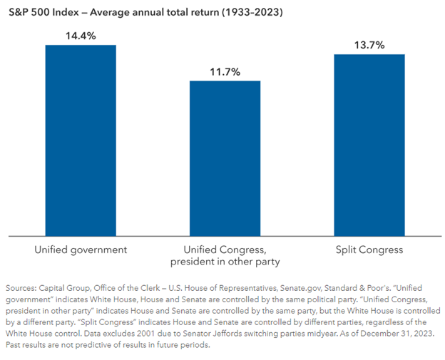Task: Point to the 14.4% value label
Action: [81, 35]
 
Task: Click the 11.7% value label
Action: [225, 71]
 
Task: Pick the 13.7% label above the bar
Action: [369, 44]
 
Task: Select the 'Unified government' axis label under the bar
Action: [81, 250]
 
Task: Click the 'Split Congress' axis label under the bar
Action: [369, 250]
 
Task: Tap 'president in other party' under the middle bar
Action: [225, 262]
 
